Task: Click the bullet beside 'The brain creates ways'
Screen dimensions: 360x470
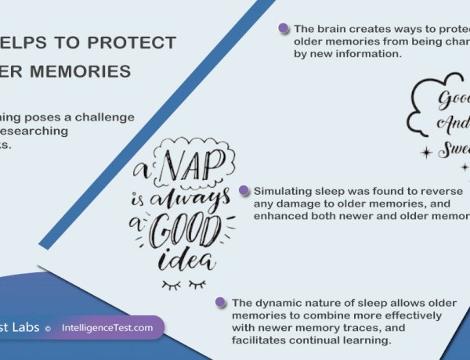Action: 284,28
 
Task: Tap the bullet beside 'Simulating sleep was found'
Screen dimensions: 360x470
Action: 244,190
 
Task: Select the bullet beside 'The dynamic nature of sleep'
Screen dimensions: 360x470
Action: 222,301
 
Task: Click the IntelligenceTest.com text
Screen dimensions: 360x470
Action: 108,328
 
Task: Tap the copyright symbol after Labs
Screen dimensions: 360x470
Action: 47,329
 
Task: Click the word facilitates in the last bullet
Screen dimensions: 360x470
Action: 260,341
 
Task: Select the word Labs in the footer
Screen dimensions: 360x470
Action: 26,328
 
